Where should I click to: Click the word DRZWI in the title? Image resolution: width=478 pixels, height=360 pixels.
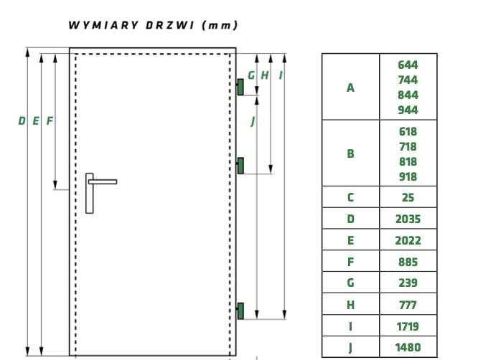coord(170,25)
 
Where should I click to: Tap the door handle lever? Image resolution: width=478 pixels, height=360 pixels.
coord(103,182)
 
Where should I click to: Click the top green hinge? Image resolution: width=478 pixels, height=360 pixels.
coord(240,87)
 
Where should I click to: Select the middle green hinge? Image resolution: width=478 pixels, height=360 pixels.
coord(240,166)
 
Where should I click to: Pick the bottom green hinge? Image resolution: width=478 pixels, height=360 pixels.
coord(240,311)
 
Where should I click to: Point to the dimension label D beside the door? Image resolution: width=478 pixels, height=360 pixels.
coord(22,121)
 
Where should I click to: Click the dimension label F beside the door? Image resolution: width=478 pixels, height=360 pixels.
coord(50,121)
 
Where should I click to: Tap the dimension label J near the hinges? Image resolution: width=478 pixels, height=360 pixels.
coord(253,121)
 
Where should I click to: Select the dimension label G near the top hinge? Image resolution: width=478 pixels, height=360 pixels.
coord(251,75)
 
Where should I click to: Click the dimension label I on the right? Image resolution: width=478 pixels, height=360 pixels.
coord(281,75)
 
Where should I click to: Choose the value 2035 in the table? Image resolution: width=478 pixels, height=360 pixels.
coord(408,219)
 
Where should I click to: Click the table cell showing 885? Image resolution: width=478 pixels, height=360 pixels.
coord(408,262)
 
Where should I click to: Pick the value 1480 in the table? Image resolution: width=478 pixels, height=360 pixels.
coord(408,347)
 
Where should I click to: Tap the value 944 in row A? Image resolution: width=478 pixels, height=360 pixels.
coord(408,110)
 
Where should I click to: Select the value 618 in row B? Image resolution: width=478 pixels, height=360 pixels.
coord(408,131)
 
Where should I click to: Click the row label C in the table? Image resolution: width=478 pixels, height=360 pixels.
coord(350,197)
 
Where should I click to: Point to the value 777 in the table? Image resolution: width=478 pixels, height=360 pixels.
coord(408,305)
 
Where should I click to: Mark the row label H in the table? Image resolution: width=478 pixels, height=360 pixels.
coord(350,305)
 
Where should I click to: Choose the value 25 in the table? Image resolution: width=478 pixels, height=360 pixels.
coord(408,197)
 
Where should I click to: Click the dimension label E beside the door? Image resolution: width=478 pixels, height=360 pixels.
coord(36,121)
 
